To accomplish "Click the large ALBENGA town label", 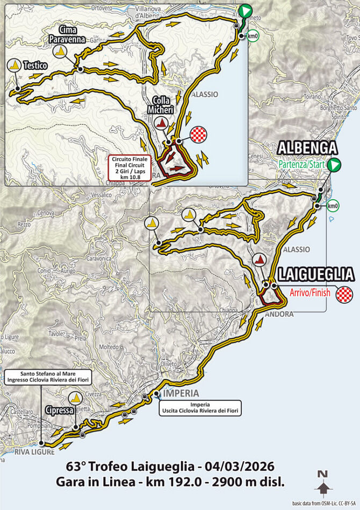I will pyautogui.click(x=307, y=148).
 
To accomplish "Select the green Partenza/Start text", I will pyautogui.click(x=301, y=165).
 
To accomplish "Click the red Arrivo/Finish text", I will pyautogui.click(x=309, y=294).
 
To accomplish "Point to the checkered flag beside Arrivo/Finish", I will pyautogui.click(x=344, y=294).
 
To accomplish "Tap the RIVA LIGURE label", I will pyautogui.click(x=37, y=452).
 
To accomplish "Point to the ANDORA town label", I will pyautogui.click(x=279, y=314).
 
